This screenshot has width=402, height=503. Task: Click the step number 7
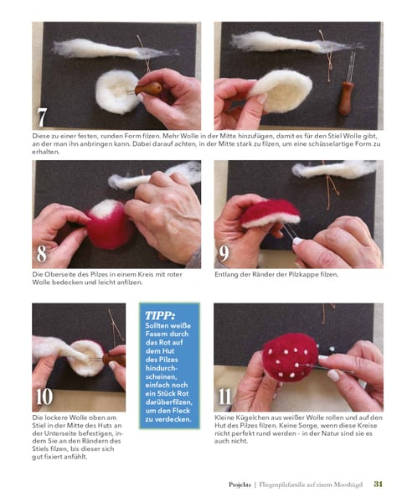tap(42, 117)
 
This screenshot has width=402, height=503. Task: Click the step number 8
tap(42, 253)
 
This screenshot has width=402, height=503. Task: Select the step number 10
tap(44, 397)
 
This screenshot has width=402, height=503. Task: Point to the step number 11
tap(224, 397)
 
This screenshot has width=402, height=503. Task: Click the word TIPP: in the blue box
tap(160, 316)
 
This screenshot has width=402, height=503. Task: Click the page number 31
tap(379, 484)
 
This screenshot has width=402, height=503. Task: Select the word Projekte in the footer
tap(240, 485)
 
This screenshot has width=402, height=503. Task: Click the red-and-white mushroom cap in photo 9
tap(270, 213)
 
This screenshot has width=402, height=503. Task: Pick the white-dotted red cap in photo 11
tap(290, 357)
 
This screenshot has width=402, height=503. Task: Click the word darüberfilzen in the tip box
tap(168, 402)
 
